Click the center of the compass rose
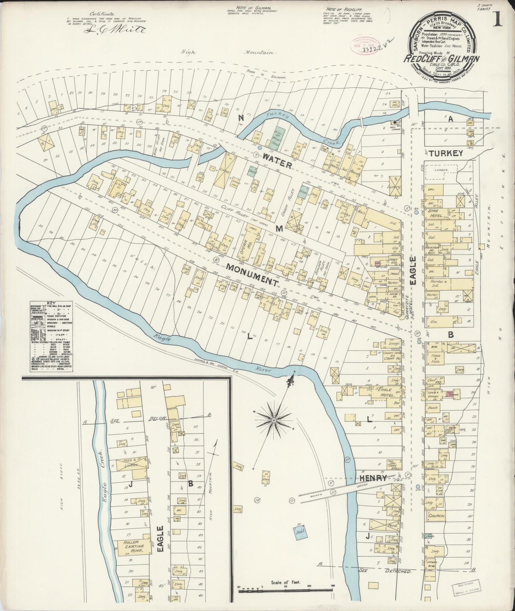274,421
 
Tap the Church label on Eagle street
436,516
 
